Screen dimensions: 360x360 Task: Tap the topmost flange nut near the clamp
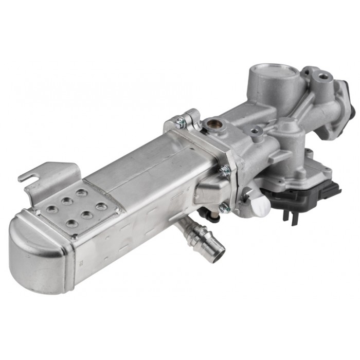click(180, 123)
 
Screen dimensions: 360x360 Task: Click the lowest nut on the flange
click(224, 208)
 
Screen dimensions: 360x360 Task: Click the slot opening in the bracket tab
click(31, 177)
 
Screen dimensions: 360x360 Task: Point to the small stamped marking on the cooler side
click(81, 263)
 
